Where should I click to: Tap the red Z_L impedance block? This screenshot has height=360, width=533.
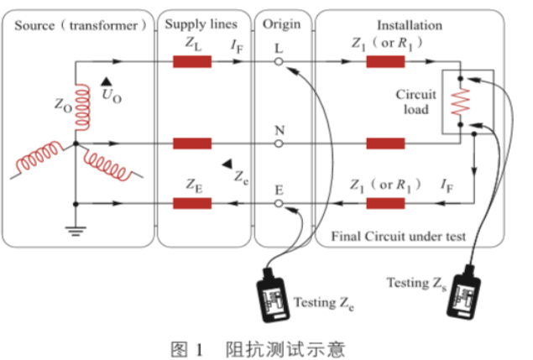tap(192, 62)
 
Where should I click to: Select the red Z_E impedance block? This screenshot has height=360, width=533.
tap(192, 203)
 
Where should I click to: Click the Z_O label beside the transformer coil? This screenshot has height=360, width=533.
tap(62, 107)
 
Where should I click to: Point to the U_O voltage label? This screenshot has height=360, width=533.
tap(110, 93)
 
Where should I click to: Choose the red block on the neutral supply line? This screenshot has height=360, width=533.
tap(192, 143)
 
